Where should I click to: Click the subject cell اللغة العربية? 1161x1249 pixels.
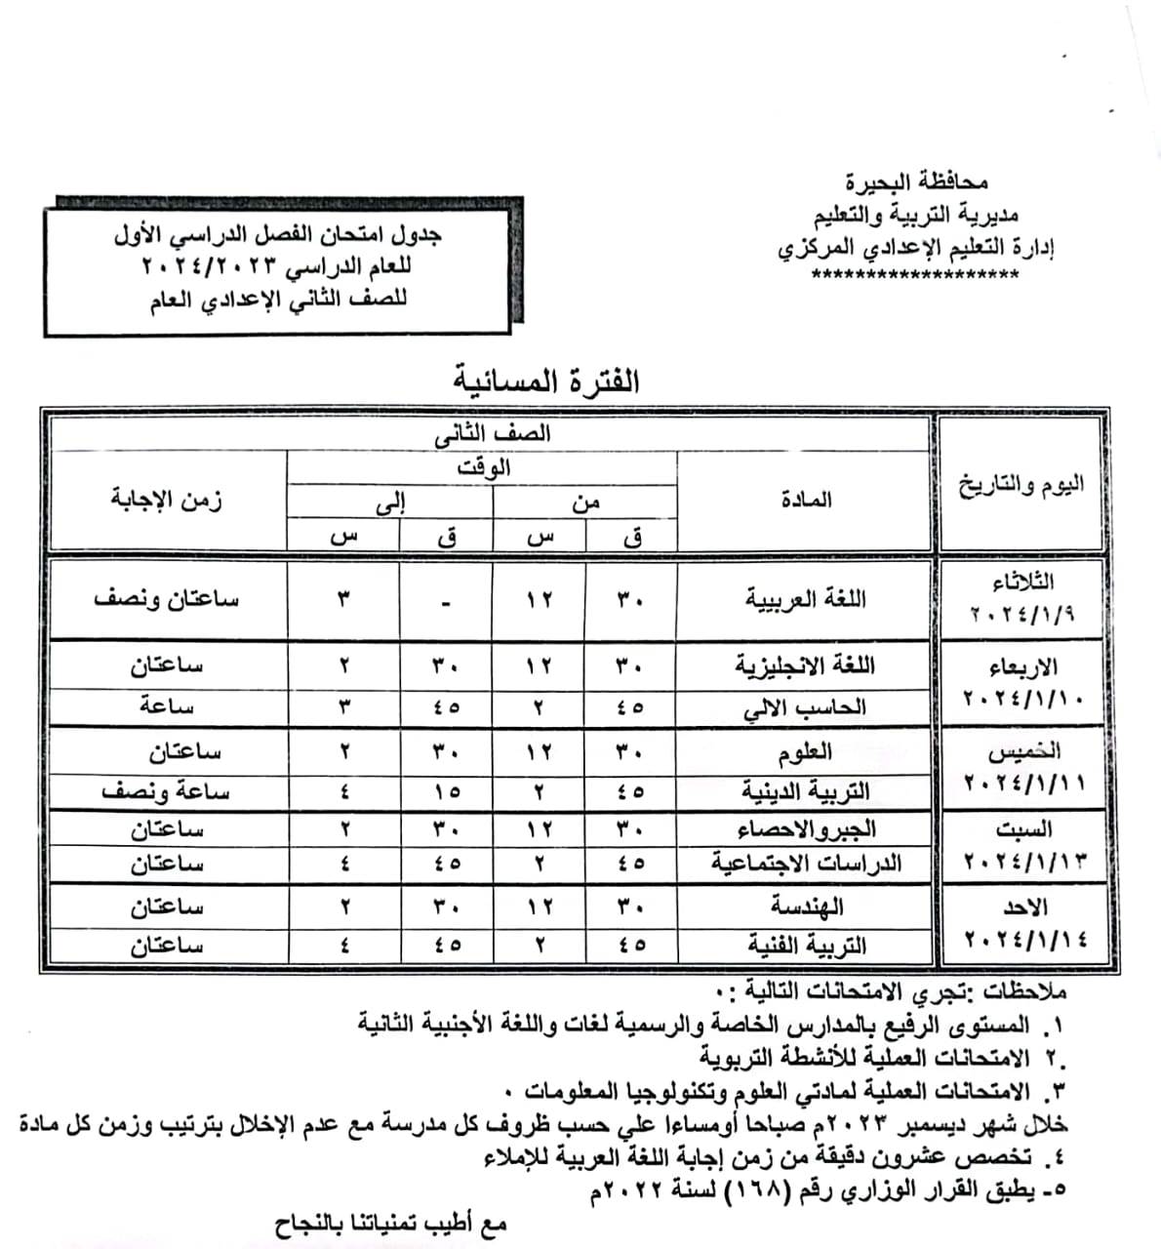(806, 598)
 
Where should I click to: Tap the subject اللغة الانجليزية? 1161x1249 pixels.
(805, 665)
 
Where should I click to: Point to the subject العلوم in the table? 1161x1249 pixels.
(805, 751)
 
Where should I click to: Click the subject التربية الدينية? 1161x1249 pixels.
(805, 790)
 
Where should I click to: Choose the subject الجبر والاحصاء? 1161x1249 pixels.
(805, 829)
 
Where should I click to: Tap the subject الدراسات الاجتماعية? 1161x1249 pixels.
(805, 864)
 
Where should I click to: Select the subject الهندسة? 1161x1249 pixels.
(806, 907)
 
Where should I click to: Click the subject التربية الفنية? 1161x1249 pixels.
(805, 945)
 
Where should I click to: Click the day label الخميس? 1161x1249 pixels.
(1025, 752)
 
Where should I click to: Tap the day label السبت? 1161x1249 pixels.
(1023, 830)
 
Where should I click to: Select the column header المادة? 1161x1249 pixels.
(806, 500)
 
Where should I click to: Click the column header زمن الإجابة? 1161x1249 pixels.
(166, 500)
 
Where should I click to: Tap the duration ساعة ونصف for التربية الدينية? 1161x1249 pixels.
(166, 791)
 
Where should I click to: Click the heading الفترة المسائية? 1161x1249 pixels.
(546, 381)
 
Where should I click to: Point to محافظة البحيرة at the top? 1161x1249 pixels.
(916, 181)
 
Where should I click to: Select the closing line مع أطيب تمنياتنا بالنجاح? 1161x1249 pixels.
(390, 1224)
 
